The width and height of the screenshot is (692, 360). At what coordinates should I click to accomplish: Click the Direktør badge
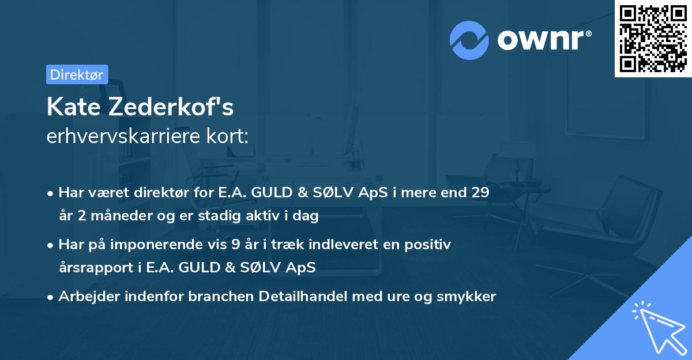[x=77, y=74]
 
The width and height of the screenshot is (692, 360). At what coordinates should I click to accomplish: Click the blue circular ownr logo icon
[x=469, y=40]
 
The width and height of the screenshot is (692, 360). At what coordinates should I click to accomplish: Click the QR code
[x=653, y=38]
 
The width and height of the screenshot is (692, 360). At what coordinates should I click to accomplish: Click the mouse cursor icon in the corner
[x=658, y=327]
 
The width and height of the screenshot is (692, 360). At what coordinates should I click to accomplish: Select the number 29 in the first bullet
[x=480, y=193]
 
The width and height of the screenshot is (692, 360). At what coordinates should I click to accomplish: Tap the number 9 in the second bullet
[x=235, y=245]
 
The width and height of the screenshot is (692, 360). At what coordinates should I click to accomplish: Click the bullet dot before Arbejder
[x=51, y=297]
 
